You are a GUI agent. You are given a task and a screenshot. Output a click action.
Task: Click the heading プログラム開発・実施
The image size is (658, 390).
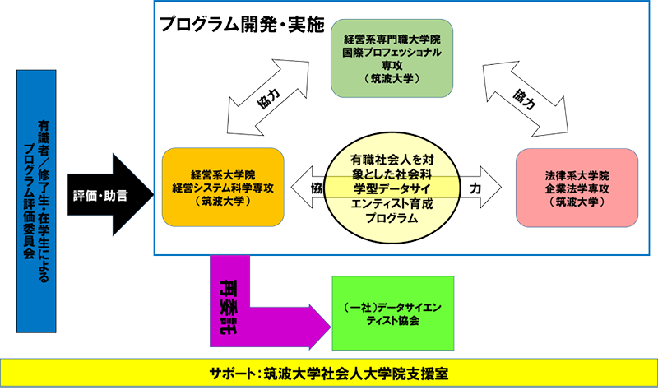click(x=243, y=25)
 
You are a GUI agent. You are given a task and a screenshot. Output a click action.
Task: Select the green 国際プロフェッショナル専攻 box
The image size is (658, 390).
click(x=392, y=58)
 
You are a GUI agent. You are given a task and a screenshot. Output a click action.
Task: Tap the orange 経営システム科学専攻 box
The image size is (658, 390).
click(x=223, y=188)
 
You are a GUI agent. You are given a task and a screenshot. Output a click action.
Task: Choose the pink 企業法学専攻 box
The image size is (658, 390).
click(x=577, y=188)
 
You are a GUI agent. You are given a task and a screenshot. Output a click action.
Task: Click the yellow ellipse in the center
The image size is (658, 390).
click(x=392, y=188)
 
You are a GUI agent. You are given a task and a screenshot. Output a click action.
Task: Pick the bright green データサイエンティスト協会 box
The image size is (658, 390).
click(x=393, y=313)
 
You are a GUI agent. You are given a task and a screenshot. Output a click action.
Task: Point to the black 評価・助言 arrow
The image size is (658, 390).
click(x=111, y=195)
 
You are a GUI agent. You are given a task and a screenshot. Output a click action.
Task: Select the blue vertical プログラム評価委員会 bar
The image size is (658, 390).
click(x=36, y=202)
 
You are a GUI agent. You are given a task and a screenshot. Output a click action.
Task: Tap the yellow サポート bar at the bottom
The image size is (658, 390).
click(x=329, y=373)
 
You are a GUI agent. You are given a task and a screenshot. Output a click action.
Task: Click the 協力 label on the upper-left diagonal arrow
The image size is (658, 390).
click(x=268, y=98)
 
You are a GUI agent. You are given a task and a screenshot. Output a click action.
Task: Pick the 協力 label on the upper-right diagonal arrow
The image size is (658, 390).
click(x=524, y=100)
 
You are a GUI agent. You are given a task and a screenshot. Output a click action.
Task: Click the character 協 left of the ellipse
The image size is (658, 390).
click(x=317, y=188)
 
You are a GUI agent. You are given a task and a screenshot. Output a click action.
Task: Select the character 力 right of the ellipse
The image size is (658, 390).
click(x=475, y=188)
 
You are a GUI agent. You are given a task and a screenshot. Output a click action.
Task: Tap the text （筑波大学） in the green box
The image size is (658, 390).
click(x=392, y=78)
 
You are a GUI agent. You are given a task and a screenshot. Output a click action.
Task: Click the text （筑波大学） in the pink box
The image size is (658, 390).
click(x=577, y=202)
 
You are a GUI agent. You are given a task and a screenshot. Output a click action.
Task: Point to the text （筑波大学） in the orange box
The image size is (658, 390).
click(x=223, y=201)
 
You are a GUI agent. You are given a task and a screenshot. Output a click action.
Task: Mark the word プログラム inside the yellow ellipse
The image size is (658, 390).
click(x=392, y=218)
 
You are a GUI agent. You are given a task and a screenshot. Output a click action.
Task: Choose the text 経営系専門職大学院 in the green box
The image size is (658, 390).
click(x=392, y=39)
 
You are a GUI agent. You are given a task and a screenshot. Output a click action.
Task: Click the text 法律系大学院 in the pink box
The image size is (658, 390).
click(x=577, y=175)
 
